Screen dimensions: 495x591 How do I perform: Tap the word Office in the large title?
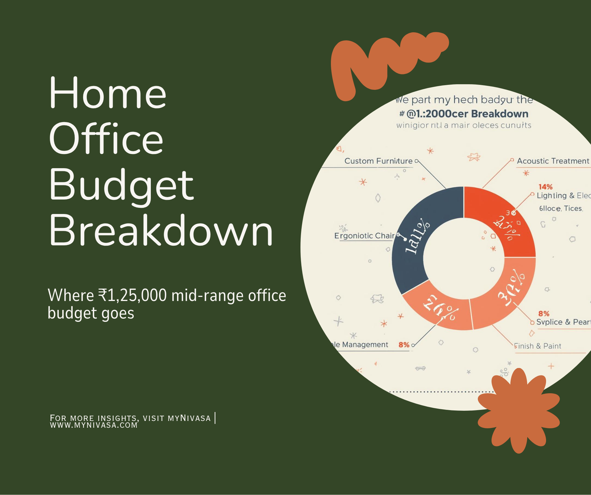(x=106, y=139)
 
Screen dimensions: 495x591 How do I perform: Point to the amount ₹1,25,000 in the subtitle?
(x=132, y=295)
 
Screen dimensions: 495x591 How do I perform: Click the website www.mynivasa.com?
(x=94, y=425)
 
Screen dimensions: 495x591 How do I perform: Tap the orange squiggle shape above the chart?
(x=385, y=61)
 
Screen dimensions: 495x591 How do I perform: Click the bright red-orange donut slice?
(x=502, y=221)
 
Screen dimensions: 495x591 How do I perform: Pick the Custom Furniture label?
(x=378, y=161)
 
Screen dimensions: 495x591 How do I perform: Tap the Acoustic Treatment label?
(x=553, y=161)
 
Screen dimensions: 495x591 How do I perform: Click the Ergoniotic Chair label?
(x=364, y=236)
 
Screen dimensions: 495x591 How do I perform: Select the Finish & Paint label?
(x=538, y=346)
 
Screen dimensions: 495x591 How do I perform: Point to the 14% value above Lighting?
(x=545, y=187)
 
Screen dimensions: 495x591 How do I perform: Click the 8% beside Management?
(x=404, y=345)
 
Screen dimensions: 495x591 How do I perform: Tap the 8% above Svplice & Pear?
(x=544, y=314)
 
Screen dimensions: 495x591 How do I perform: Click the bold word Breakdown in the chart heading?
(x=500, y=114)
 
